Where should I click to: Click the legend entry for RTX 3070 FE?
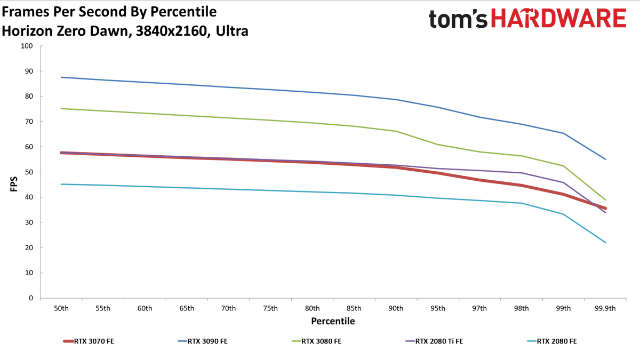(89, 341)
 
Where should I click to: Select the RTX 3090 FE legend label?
(203, 341)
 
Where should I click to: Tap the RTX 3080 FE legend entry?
(316, 341)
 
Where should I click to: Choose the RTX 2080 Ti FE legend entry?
(434, 341)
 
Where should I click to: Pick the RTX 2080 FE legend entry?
(552, 341)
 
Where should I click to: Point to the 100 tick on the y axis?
(27, 46)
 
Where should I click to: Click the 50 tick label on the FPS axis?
(29, 172)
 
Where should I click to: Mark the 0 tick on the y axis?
(31, 298)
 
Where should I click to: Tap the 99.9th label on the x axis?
(605, 308)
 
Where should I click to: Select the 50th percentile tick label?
(61, 308)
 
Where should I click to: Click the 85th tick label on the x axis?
(354, 308)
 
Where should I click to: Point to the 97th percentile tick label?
(479, 308)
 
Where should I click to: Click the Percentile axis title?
(333, 321)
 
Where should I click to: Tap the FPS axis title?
(14, 184)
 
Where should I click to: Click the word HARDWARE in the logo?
(558, 18)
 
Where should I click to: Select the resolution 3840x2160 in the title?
(171, 31)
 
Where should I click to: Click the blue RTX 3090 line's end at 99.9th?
(605, 159)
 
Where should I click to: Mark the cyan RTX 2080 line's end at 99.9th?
(605, 243)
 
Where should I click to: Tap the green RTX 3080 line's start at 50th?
(61, 109)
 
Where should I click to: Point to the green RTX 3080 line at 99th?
(563, 166)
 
